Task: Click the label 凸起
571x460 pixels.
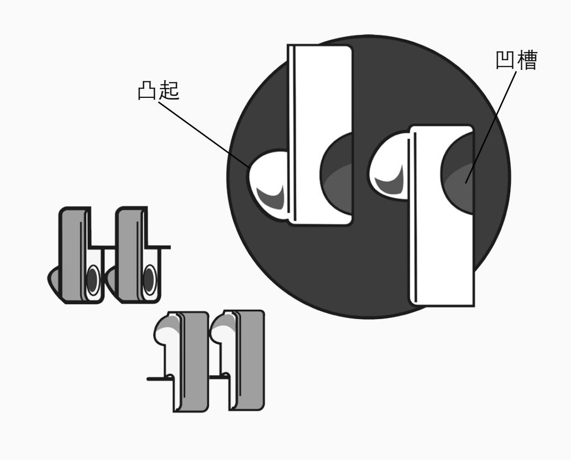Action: [159, 90]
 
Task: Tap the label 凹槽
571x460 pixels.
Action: [516, 60]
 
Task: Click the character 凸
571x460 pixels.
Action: [148, 90]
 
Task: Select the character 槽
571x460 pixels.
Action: [527, 60]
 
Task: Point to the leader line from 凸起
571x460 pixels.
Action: [204, 134]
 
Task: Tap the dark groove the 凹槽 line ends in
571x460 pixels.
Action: [457, 172]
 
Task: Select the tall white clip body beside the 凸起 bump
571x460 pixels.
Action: [320, 134]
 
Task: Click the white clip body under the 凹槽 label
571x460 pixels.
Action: [441, 216]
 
